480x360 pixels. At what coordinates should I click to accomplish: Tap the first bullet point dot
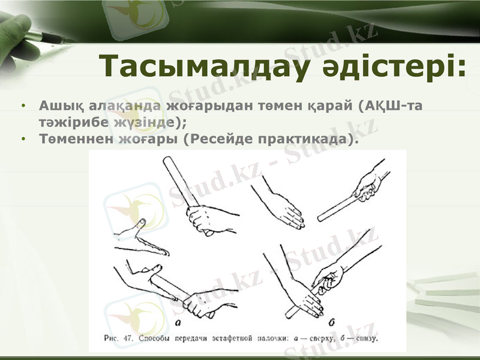coord(23,106)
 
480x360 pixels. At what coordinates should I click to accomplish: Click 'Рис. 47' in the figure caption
coord(118,338)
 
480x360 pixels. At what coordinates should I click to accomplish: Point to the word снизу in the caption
coord(362,338)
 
